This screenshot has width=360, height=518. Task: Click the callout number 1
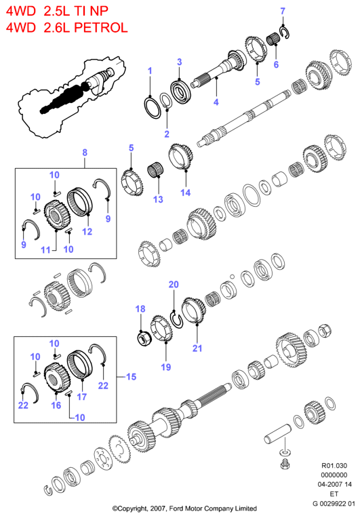click(150, 71)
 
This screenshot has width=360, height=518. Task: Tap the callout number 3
click(180, 62)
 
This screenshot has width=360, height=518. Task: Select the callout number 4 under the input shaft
click(216, 102)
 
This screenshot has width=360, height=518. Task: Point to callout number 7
click(283, 11)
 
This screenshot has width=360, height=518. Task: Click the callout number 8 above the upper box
click(85, 153)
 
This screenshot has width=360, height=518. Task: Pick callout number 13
click(158, 199)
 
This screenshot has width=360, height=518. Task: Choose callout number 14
click(185, 193)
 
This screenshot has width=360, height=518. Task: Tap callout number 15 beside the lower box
click(131, 376)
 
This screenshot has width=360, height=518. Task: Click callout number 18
click(140, 308)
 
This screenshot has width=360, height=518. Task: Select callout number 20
click(174, 285)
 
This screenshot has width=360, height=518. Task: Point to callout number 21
click(197, 348)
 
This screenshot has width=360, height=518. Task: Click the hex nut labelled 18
click(144, 338)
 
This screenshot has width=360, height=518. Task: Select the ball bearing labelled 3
click(180, 91)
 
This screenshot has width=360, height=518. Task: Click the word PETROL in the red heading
click(101, 27)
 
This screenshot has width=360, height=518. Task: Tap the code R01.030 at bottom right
click(334, 466)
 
